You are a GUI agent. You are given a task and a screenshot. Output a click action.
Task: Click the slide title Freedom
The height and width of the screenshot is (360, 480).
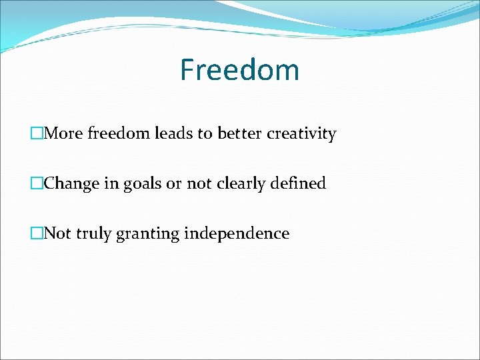tap(239, 70)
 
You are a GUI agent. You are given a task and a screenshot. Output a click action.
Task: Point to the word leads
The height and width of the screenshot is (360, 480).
tap(175, 133)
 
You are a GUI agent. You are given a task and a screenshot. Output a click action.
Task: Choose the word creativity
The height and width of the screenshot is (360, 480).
tap(301, 134)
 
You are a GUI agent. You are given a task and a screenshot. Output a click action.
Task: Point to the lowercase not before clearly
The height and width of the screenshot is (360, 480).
tap(199, 183)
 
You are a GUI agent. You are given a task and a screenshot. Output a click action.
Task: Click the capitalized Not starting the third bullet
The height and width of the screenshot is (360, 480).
tap(57, 233)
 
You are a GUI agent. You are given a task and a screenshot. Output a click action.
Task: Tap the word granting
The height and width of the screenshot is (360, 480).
tap(148, 234)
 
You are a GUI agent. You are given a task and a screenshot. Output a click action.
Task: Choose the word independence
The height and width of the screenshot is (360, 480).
tap(237, 233)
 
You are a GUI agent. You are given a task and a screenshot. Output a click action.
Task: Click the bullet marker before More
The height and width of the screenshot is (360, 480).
tap(37, 133)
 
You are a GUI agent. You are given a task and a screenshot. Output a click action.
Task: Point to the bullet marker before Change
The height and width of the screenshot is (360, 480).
tap(37, 183)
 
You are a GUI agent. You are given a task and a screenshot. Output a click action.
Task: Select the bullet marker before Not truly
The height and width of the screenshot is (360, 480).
tap(37, 233)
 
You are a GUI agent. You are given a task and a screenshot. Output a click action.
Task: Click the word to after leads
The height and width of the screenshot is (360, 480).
tap(203, 133)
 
